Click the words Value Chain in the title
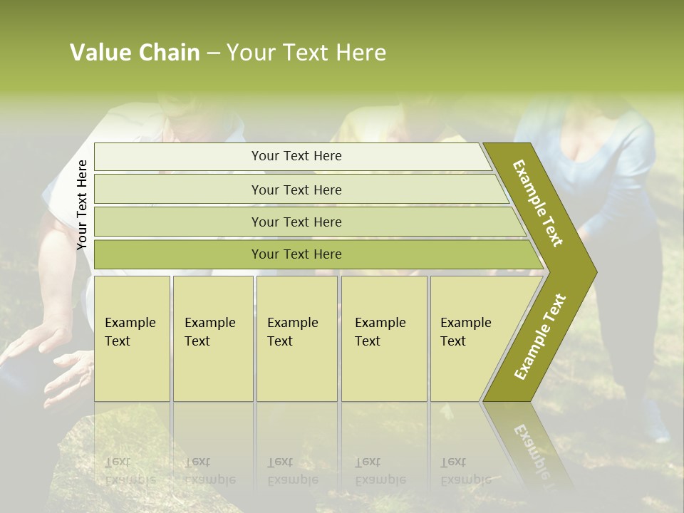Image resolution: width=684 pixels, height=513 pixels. [x=135, y=53]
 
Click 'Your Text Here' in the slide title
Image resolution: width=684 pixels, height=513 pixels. [x=306, y=53]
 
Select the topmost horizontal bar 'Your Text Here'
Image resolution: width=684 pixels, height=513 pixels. [x=296, y=156]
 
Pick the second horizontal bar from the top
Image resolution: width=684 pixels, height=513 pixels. [x=296, y=190]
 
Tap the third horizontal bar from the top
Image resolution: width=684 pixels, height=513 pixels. [x=296, y=222]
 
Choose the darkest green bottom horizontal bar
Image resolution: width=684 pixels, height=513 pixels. [x=296, y=254]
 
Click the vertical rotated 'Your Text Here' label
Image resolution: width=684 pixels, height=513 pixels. [x=82, y=204]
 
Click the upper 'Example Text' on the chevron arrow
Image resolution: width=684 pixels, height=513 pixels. [x=538, y=203]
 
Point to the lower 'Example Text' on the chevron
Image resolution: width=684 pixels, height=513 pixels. [x=540, y=336]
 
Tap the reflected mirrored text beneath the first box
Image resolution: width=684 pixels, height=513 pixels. [x=130, y=471]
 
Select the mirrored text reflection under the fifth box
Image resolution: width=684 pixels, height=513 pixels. [x=465, y=471]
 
